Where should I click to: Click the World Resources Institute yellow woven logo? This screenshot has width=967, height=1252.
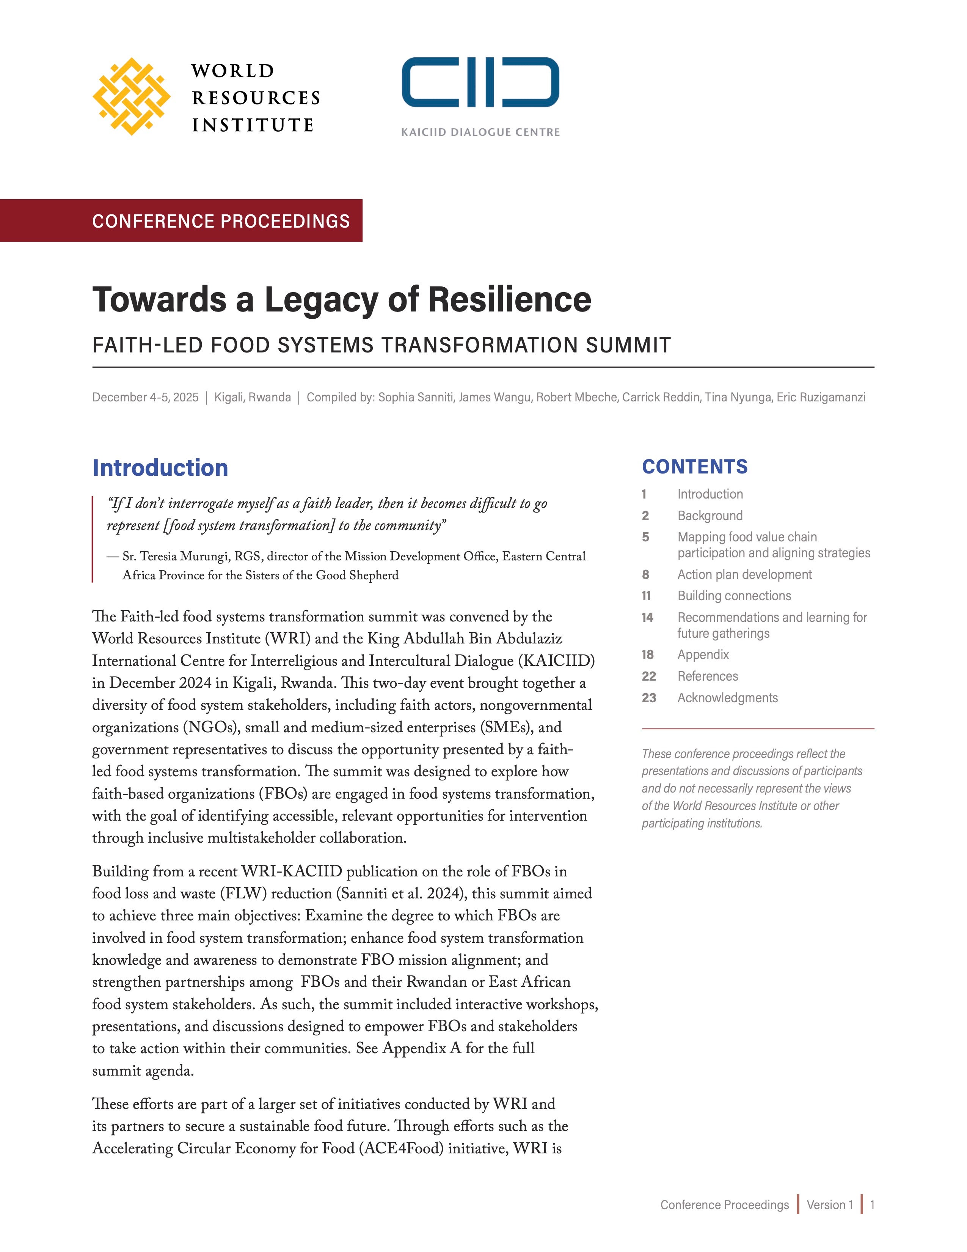click(131, 96)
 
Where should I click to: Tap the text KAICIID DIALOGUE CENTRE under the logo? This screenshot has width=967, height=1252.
click(480, 132)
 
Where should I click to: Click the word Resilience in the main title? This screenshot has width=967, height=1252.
click(509, 300)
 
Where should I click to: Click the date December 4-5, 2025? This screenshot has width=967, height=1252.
click(146, 397)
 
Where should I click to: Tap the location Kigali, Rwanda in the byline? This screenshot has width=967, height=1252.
click(252, 397)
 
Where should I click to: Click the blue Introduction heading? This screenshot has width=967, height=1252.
click(160, 468)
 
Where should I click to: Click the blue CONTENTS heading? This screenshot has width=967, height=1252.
click(694, 467)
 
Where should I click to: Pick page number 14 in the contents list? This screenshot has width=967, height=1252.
click(647, 617)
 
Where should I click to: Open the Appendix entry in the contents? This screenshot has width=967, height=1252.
click(703, 655)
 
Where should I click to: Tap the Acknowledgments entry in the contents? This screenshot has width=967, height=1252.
click(728, 698)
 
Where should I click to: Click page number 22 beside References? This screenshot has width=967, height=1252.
click(648, 676)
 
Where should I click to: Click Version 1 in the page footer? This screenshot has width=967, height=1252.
click(829, 1205)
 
